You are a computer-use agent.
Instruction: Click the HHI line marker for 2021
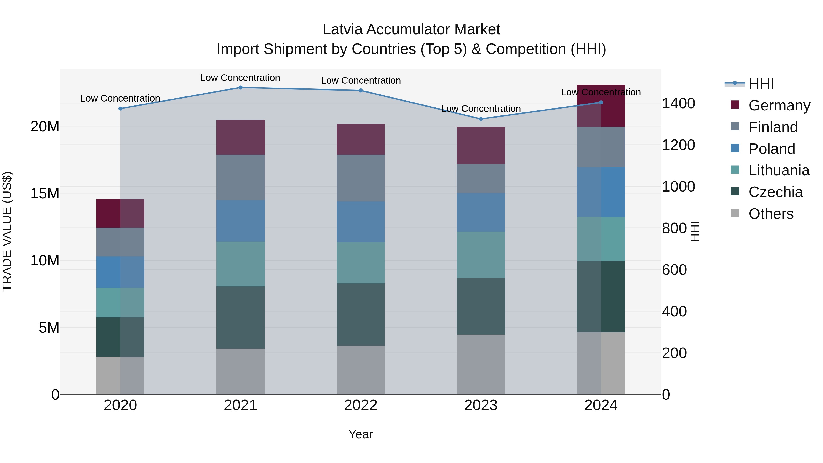coord(240,88)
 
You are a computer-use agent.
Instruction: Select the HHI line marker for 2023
coord(481,119)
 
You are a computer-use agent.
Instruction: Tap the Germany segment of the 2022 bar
coord(361,139)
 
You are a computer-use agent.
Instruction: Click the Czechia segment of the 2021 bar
coord(240,317)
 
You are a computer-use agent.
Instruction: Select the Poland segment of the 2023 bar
coord(481,212)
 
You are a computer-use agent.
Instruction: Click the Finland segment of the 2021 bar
coord(240,177)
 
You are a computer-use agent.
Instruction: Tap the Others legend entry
coord(771,214)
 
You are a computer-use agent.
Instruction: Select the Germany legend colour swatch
coord(735,105)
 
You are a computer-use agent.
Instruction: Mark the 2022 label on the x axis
coord(361,405)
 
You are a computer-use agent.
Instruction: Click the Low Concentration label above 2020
coord(120,98)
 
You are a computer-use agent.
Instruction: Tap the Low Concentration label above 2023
coord(481,109)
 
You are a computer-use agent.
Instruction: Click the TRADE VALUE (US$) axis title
coord(7,231)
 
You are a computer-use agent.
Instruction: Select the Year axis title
coord(361,434)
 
